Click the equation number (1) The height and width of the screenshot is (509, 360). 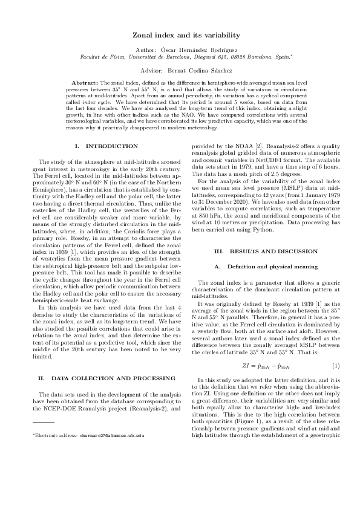336,350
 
